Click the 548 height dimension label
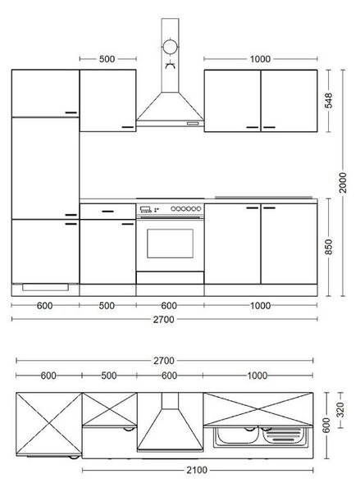[329, 100]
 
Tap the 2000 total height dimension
[343, 183]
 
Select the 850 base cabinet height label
[329, 247]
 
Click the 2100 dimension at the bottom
[197, 470]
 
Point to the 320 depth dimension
[340, 410]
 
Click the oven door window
[170, 244]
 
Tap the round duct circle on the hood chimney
[170, 47]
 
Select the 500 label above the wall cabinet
[107, 59]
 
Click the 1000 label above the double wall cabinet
[260, 59]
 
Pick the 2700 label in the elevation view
[163, 320]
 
